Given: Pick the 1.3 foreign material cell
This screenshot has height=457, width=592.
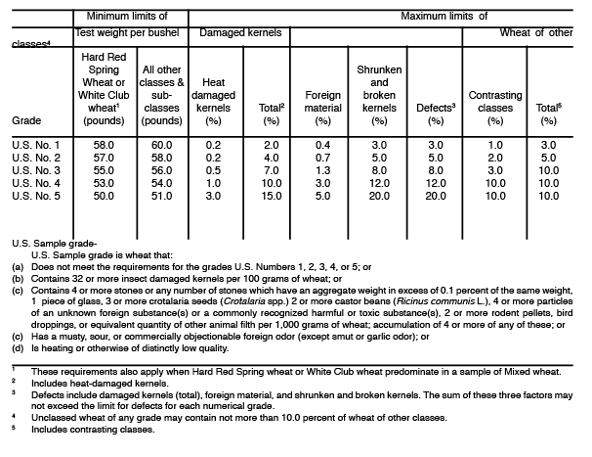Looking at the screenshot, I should point(322,170).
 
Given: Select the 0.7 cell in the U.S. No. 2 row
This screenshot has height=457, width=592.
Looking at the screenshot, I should point(322,157).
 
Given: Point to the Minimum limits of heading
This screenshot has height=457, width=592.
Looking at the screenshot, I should point(128,16).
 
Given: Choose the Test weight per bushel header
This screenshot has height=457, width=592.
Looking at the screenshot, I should point(129,32).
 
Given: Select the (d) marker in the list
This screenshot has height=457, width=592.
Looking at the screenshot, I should point(18,346).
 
